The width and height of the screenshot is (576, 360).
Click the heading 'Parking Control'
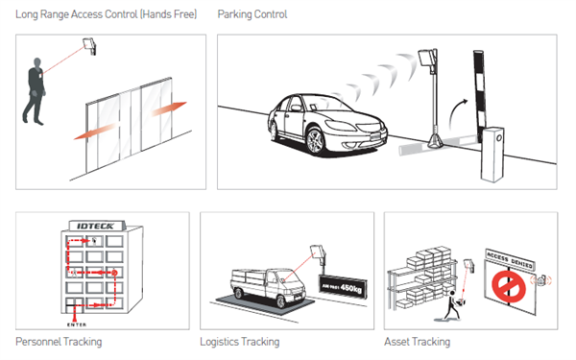(x=252, y=14)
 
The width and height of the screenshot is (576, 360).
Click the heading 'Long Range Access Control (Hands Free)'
(x=107, y=14)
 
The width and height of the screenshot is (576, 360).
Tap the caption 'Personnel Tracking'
(x=59, y=342)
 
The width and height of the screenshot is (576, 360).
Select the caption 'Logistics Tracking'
(x=239, y=342)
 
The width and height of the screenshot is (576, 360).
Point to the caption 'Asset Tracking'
(x=417, y=342)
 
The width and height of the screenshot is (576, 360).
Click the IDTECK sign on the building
(x=96, y=226)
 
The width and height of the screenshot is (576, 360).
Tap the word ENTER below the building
(x=77, y=324)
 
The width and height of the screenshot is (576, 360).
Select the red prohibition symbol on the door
(x=509, y=286)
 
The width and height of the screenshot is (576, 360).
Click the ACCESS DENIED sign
(x=510, y=259)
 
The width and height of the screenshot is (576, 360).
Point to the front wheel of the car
(x=315, y=141)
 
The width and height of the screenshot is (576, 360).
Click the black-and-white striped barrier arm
(x=480, y=96)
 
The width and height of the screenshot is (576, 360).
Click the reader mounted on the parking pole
(x=428, y=59)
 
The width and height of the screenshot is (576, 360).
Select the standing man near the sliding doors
(x=35, y=91)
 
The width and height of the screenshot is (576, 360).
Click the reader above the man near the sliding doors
(x=89, y=45)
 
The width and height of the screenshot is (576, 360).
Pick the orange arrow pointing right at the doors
(x=169, y=108)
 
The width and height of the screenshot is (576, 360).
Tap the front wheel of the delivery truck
(x=280, y=301)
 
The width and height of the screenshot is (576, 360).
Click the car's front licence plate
(x=376, y=136)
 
